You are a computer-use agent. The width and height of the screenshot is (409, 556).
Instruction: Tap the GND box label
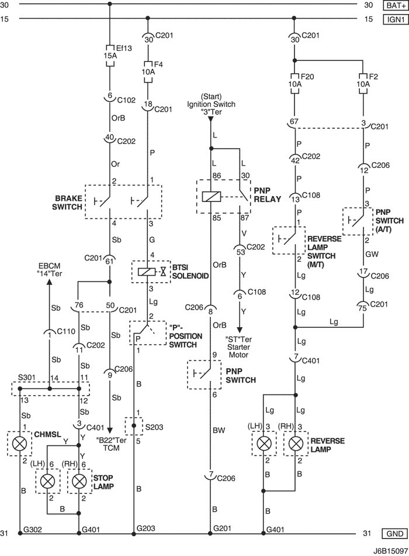click(x=395, y=534)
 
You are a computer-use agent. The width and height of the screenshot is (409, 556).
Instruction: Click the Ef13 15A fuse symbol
click(x=109, y=56)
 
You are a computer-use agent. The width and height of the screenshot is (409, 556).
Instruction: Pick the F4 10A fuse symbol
click(x=148, y=71)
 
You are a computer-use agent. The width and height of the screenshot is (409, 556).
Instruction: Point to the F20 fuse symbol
click(x=294, y=84)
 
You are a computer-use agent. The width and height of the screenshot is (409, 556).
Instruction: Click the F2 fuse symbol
click(x=363, y=84)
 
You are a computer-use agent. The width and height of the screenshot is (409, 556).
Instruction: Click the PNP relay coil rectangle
click(x=211, y=197)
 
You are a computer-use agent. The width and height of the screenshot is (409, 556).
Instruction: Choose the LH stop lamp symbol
click(x=47, y=481)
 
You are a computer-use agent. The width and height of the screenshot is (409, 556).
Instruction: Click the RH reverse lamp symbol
click(x=295, y=443)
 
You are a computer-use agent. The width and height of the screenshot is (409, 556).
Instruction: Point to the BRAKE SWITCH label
click(x=67, y=202)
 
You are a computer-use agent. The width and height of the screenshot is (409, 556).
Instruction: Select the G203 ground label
click(x=146, y=528)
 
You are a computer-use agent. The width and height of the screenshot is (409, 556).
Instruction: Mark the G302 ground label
click(x=33, y=530)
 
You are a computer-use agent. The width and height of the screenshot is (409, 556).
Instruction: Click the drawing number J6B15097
click(x=390, y=551)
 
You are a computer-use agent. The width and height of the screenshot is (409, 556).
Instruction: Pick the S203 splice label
click(x=154, y=427)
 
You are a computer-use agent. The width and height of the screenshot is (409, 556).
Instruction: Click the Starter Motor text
click(x=238, y=351)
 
